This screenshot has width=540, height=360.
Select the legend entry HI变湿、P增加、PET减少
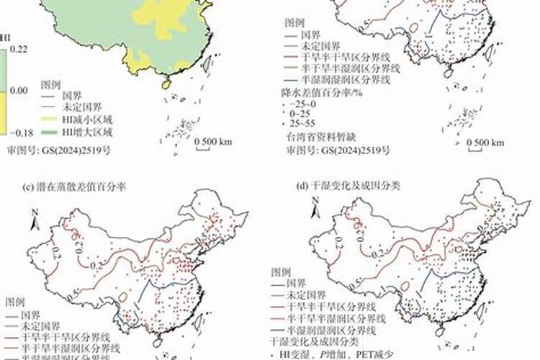331,355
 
